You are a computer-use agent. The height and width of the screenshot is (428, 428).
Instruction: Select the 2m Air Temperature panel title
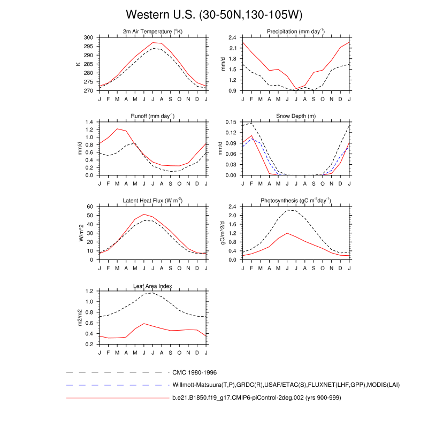pyautogui.click(x=152, y=32)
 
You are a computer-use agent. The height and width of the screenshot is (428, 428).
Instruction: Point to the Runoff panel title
pyautogui.click(x=152, y=116)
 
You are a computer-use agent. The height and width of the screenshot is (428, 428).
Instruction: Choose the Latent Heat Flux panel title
pyautogui.click(x=152, y=201)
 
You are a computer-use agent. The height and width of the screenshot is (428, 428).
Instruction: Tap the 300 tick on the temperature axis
pyautogui.click(x=88, y=37)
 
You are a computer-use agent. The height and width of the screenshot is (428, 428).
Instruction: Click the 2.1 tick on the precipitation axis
pyautogui.click(x=232, y=48)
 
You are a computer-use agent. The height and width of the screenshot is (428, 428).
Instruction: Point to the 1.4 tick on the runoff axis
pyautogui.click(x=89, y=122)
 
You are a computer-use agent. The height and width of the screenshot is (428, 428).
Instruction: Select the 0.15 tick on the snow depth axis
pyautogui.click(x=230, y=122)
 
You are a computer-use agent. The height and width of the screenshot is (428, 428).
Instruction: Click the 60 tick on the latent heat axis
pyautogui.click(x=90, y=207)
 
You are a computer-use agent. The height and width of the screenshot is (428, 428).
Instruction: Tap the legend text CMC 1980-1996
pyautogui.click(x=194, y=372)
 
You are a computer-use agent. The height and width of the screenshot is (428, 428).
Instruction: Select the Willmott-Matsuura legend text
pyautogui.click(x=286, y=385)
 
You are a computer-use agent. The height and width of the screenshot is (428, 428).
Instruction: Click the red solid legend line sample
pyautogui.click(x=117, y=398)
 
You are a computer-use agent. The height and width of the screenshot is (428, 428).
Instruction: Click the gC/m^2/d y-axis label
pyautogui.click(x=222, y=233)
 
